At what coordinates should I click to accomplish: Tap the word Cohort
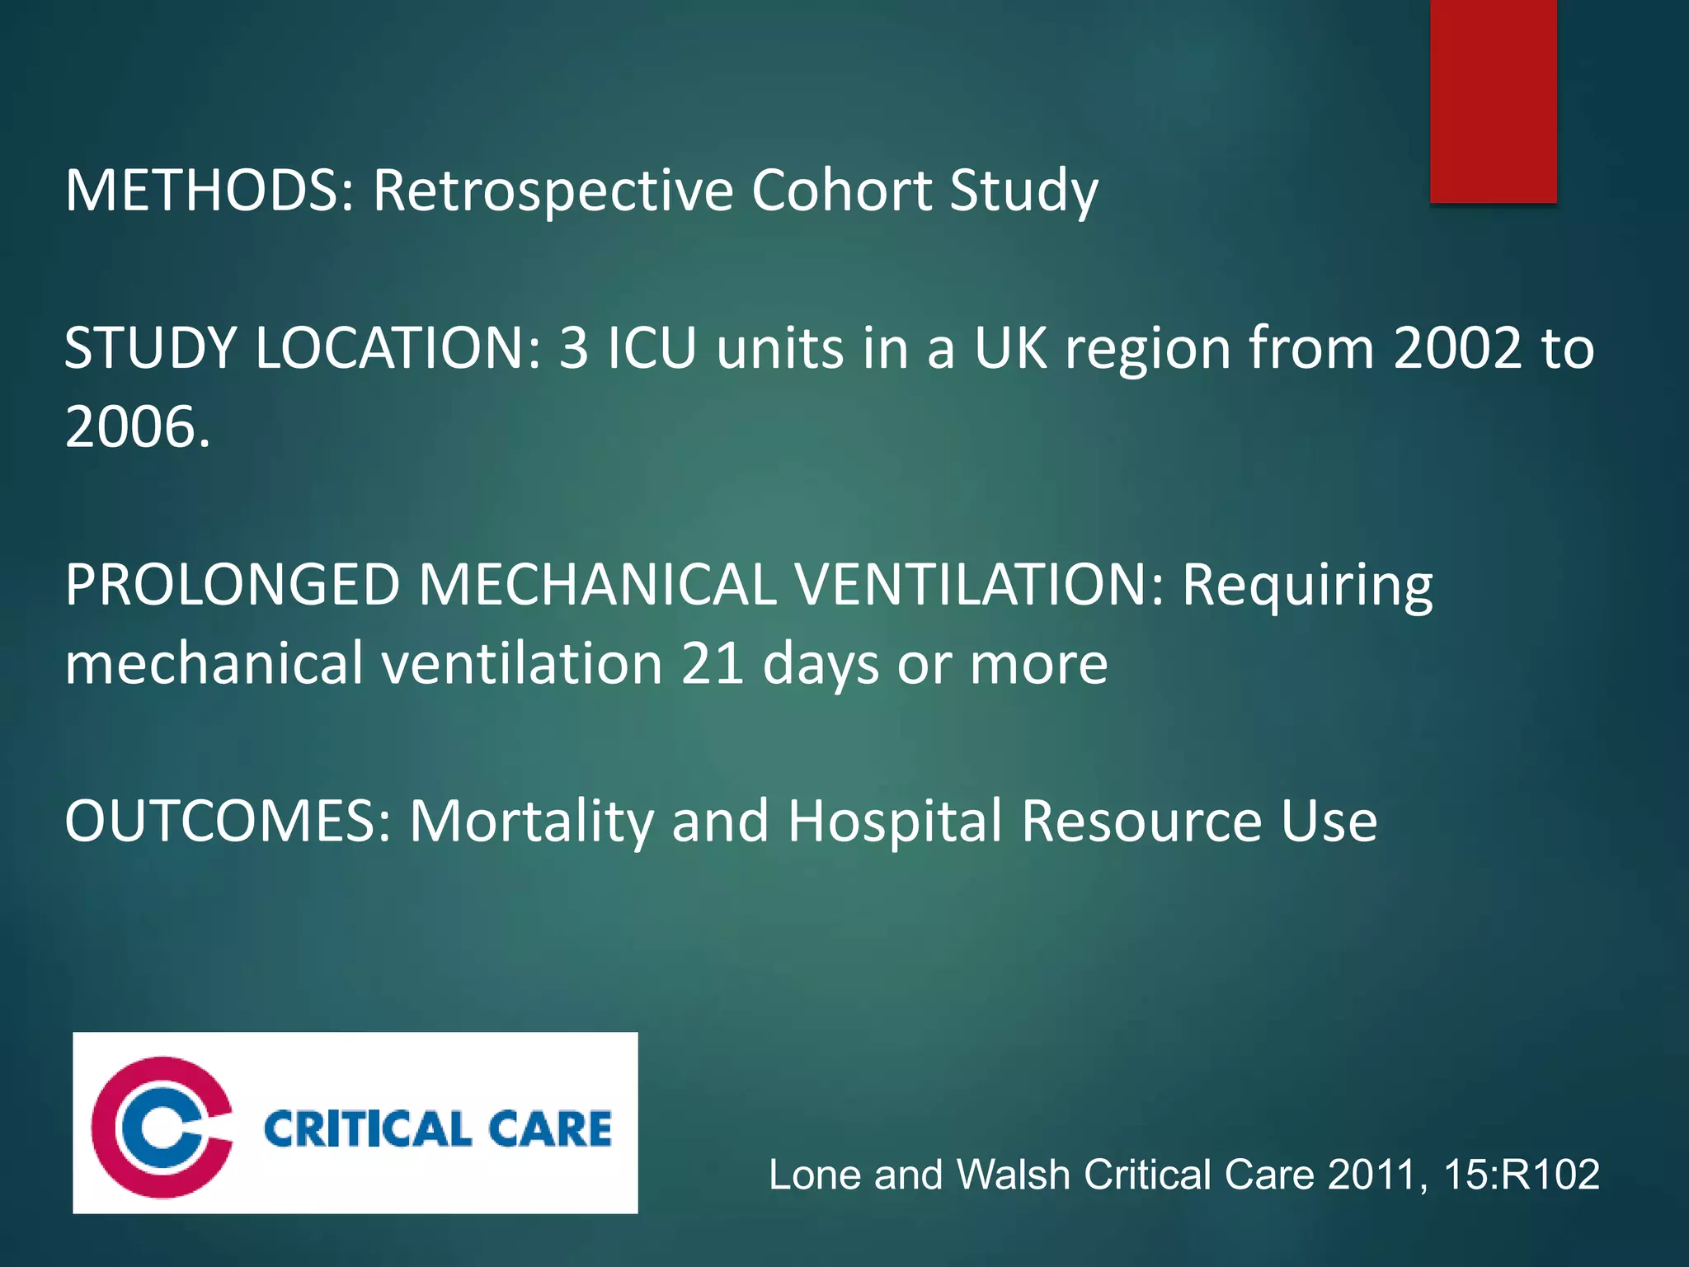(x=841, y=191)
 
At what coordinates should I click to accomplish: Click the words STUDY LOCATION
(x=302, y=348)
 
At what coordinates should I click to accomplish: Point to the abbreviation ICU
(x=652, y=348)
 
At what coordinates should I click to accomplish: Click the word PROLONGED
(x=233, y=585)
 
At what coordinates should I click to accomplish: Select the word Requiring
(x=1308, y=586)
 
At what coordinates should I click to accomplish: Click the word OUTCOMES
(x=227, y=822)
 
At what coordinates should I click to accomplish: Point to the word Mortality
(x=532, y=823)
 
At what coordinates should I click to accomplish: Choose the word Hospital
(x=896, y=823)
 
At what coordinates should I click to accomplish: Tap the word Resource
(x=1141, y=822)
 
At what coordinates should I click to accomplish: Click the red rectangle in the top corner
(x=1493, y=101)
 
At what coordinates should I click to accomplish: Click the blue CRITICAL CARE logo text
(x=438, y=1128)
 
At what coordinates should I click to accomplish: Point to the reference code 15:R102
(x=1522, y=1174)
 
